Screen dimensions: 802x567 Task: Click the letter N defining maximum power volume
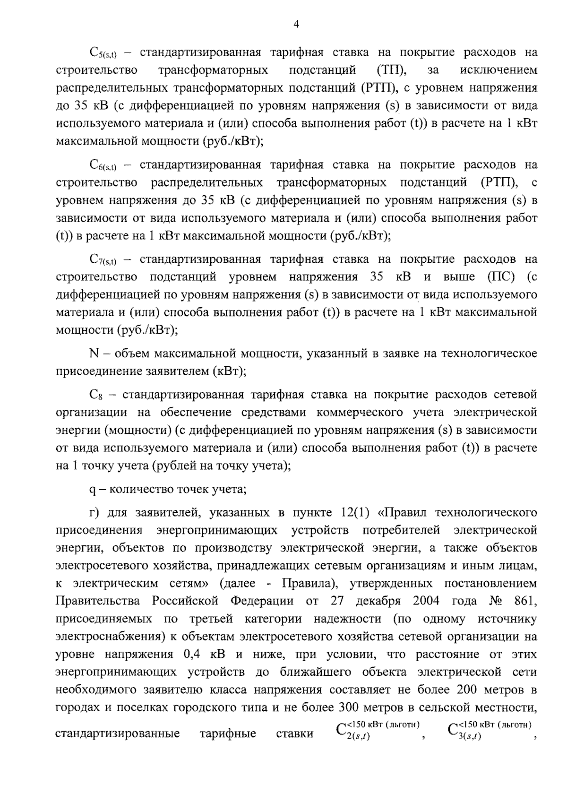pyautogui.click(x=93, y=354)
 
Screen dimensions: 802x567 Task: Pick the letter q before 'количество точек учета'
pyautogui.click(x=92, y=489)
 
